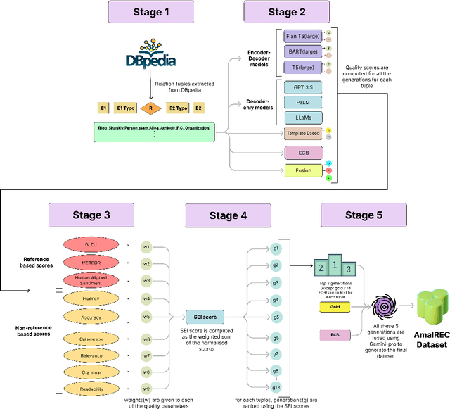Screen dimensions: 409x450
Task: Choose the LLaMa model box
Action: click(304, 117)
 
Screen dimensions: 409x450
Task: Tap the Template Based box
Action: click(304, 133)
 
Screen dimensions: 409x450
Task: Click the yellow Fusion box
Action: click(304, 170)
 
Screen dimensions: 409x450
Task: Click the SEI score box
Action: click(205, 317)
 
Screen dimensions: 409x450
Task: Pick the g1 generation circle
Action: click(276, 248)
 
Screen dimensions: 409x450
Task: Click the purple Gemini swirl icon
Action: click(384, 308)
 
